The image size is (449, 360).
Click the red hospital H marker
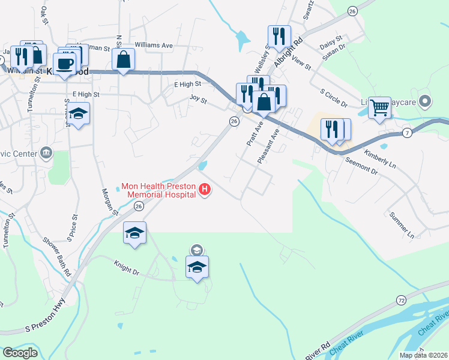[x=205, y=191]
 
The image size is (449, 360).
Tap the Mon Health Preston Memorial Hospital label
[x=158, y=190]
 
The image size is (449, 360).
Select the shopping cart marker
[x=379, y=108]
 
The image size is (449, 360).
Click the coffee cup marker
[x=64, y=63]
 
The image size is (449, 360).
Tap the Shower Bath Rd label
[x=56, y=256]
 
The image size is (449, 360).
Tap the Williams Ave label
[x=154, y=45]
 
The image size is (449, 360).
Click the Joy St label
[x=198, y=99]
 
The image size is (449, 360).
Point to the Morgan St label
[x=109, y=201]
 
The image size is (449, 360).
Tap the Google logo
[x=20, y=352]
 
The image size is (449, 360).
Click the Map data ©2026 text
[x=423, y=355]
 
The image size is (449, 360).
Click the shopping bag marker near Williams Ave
[x=123, y=59]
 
